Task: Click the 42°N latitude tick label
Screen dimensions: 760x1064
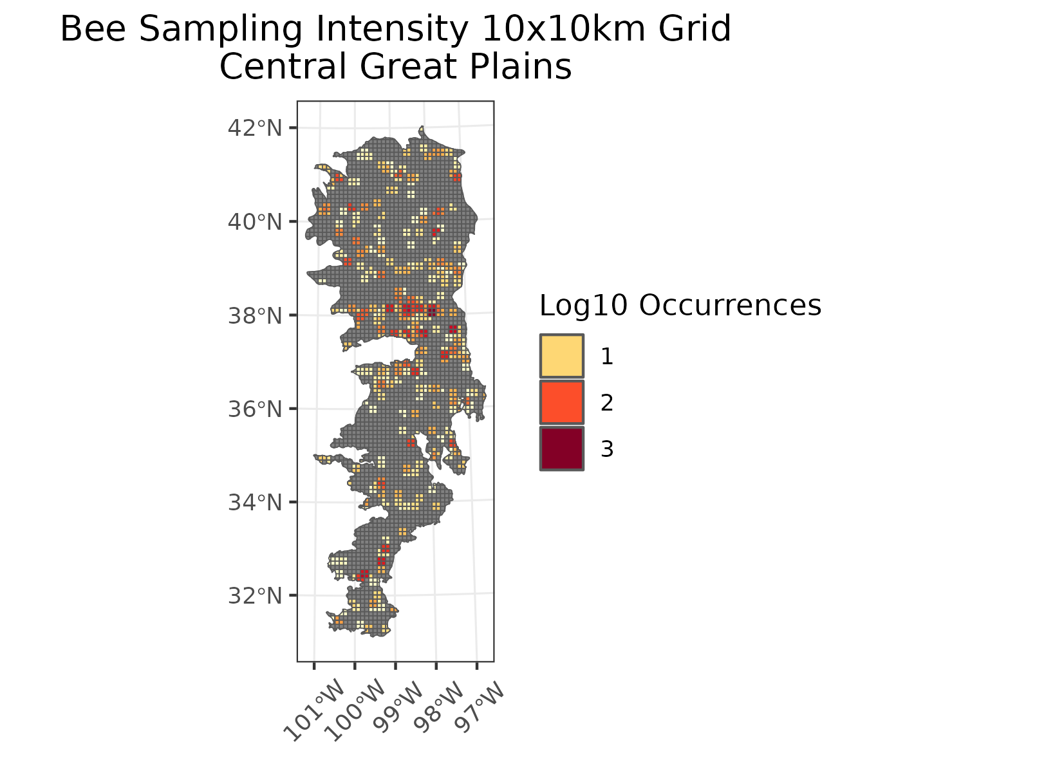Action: (x=255, y=128)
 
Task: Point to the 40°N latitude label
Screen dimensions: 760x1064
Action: (x=255, y=222)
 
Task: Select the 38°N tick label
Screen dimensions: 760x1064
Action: (x=255, y=316)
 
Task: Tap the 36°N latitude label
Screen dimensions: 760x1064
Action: (x=255, y=409)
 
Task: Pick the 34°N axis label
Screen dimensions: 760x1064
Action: (x=255, y=503)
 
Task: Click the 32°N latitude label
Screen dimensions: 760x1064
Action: (x=255, y=597)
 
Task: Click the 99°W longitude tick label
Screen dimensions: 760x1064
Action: (x=398, y=708)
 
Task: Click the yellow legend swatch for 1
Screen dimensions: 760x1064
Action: (x=561, y=356)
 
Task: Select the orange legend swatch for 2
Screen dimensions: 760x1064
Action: (x=561, y=403)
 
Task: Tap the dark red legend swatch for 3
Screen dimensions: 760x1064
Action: (x=561, y=449)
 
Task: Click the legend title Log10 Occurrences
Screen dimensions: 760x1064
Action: (x=680, y=306)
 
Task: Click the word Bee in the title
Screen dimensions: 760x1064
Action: (x=93, y=30)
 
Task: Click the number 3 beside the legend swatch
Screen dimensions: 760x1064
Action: (x=607, y=449)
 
